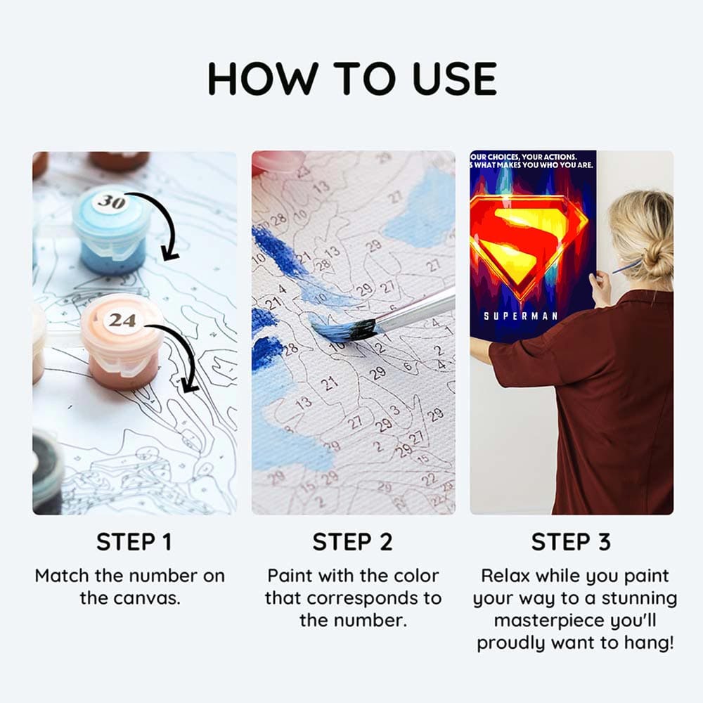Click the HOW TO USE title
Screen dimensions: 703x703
351,79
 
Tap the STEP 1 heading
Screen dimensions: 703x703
134,542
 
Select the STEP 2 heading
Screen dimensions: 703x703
353,542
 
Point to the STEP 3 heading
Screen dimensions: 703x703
571,542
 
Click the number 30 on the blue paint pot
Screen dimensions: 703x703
110,202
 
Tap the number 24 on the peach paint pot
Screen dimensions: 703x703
122,320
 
